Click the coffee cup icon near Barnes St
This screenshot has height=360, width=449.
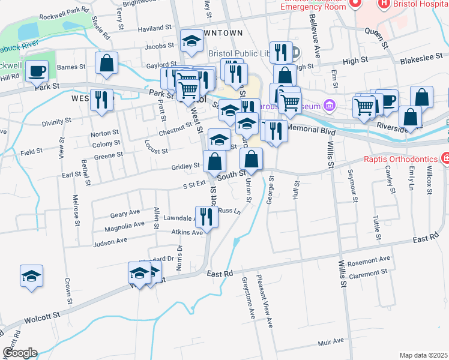[x=37, y=70]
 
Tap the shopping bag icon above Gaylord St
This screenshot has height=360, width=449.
[x=106, y=63]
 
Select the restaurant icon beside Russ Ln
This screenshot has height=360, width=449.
[x=206, y=217]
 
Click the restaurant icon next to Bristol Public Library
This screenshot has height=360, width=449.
[x=280, y=52]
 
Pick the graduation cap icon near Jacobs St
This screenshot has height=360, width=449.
[x=191, y=41]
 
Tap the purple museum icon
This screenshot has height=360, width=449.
[x=328, y=107]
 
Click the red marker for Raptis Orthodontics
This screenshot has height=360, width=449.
[x=445, y=159]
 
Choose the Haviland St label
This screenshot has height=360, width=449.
[x=154, y=28]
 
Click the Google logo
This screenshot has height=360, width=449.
[x=19, y=353]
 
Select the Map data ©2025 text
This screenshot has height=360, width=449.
[x=423, y=355]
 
